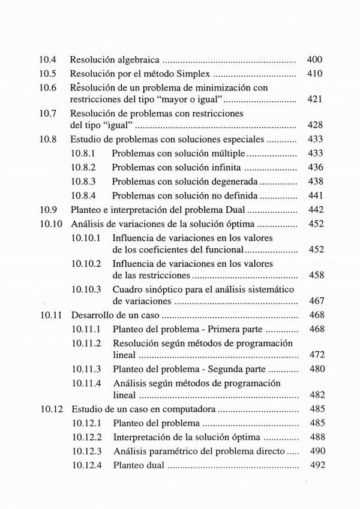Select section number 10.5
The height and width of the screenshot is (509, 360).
tap(48, 74)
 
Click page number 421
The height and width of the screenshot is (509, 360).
tap(314, 99)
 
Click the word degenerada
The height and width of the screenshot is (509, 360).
tap(234, 181)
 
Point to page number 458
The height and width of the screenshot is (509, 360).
tap(315, 275)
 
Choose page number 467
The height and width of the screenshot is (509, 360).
tap(315, 300)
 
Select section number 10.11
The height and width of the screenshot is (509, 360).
tap(50, 315)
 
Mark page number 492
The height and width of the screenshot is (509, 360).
tap(315, 465)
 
